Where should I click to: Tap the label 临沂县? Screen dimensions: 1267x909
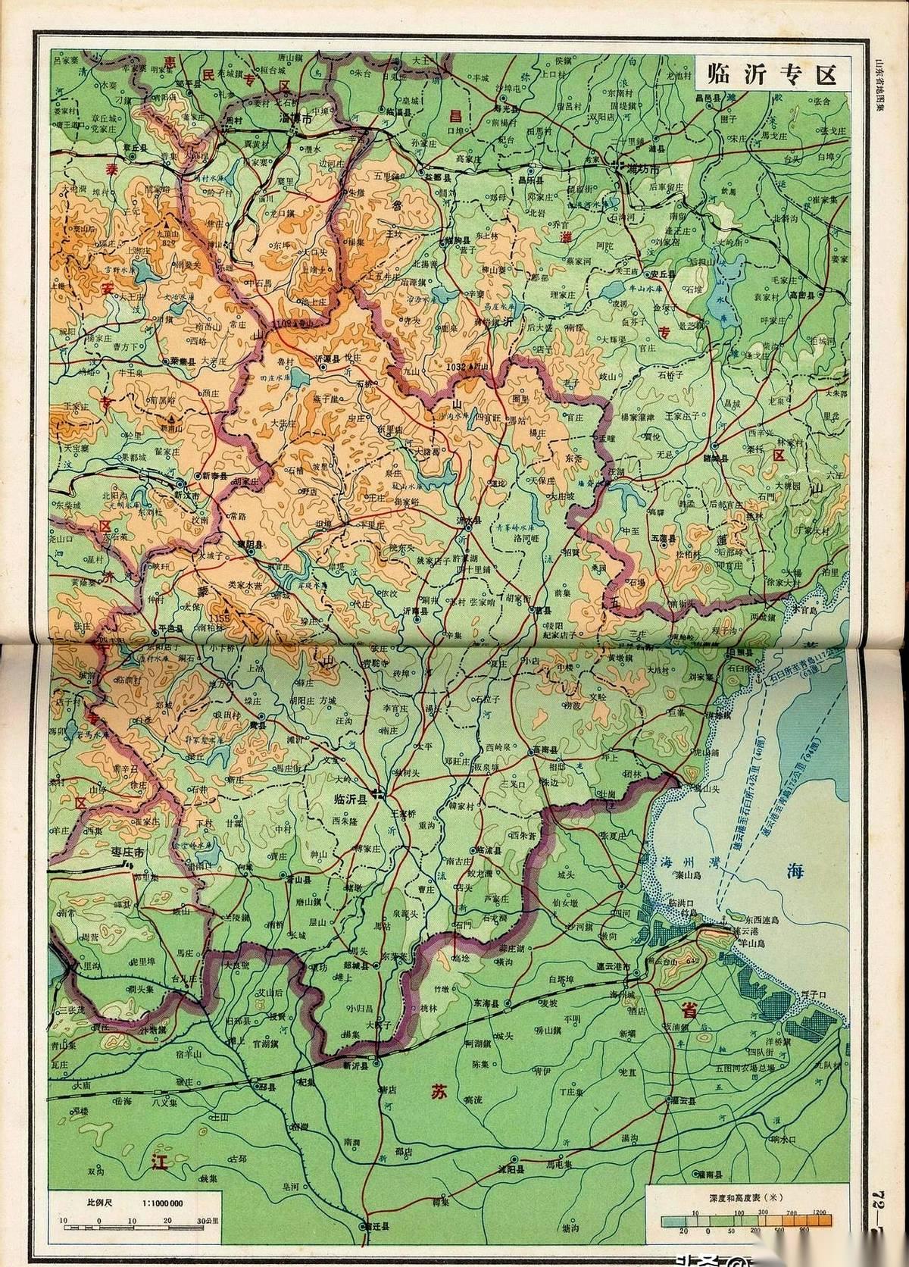click(x=352, y=798)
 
